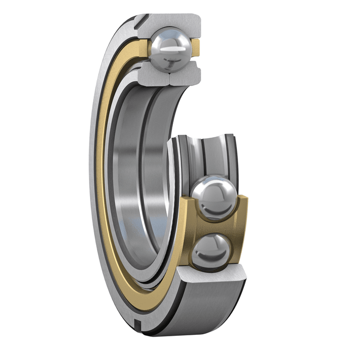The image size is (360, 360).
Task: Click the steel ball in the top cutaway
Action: (171, 50)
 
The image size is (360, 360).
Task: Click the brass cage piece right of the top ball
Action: (196, 48)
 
